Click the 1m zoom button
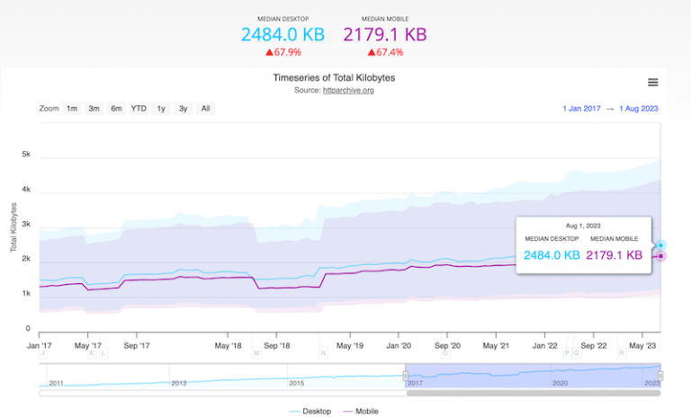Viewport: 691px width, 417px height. (x=71, y=109)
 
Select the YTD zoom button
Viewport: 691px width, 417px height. (x=139, y=109)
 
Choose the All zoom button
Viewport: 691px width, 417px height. (x=205, y=109)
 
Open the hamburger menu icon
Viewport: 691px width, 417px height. (x=652, y=83)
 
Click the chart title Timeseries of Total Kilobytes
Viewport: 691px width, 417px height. (x=334, y=78)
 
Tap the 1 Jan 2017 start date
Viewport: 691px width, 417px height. (x=582, y=109)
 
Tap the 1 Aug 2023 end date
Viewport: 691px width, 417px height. (x=639, y=109)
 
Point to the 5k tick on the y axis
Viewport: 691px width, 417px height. (x=27, y=155)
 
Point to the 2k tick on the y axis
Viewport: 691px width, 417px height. (x=27, y=259)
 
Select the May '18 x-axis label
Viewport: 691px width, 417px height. (x=229, y=345)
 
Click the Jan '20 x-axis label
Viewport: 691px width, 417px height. (x=399, y=345)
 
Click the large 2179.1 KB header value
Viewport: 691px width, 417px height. (x=384, y=35)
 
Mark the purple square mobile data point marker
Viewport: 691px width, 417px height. (x=660, y=256)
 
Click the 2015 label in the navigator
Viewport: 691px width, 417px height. (x=296, y=383)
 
